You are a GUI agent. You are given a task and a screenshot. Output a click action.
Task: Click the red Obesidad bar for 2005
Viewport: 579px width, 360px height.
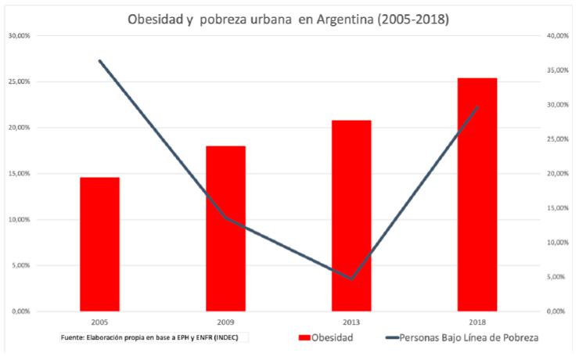(99, 244)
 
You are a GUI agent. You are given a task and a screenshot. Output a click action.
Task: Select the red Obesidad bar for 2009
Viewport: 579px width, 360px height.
(225, 229)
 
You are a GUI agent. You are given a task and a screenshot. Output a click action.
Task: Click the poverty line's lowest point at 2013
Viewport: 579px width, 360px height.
(351, 278)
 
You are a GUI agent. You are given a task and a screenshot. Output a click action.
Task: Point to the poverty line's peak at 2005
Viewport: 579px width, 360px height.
(100, 60)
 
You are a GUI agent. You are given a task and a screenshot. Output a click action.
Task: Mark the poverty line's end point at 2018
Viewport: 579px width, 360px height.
(477, 107)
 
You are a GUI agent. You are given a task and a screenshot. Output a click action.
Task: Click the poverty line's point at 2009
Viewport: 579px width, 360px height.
(225, 218)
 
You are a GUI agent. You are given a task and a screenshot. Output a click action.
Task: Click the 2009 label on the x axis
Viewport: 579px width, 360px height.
(225, 322)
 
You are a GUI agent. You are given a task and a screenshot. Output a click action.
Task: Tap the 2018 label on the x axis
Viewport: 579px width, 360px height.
(477, 322)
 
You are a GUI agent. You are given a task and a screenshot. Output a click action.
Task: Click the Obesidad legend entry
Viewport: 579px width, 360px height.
(325, 338)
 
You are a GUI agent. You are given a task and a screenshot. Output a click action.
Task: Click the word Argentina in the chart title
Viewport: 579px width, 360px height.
(347, 18)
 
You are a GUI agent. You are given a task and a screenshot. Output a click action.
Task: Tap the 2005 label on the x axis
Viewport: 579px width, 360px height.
(99, 322)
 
